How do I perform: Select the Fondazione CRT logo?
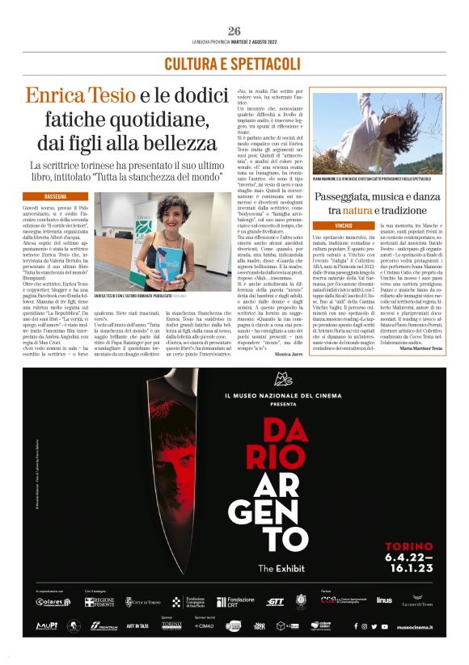coord(234,602)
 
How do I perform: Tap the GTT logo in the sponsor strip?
coord(275,602)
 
